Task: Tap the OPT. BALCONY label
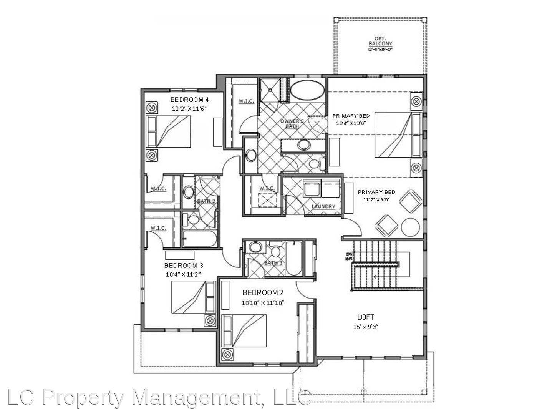point(380,41)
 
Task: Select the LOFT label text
point(365,317)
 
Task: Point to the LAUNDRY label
point(323,206)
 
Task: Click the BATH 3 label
point(273,263)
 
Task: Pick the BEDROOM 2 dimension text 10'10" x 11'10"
point(263,303)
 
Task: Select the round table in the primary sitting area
point(410,227)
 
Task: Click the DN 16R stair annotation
point(349,256)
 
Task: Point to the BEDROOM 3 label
point(184,265)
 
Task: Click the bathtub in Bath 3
point(294,258)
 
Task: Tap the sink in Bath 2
point(188,192)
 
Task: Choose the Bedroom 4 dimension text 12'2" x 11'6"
point(189,109)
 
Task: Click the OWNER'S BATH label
point(292,123)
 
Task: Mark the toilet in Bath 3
point(275,252)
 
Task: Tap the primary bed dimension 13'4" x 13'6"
point(351,123)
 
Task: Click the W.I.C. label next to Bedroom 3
point(158,228)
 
